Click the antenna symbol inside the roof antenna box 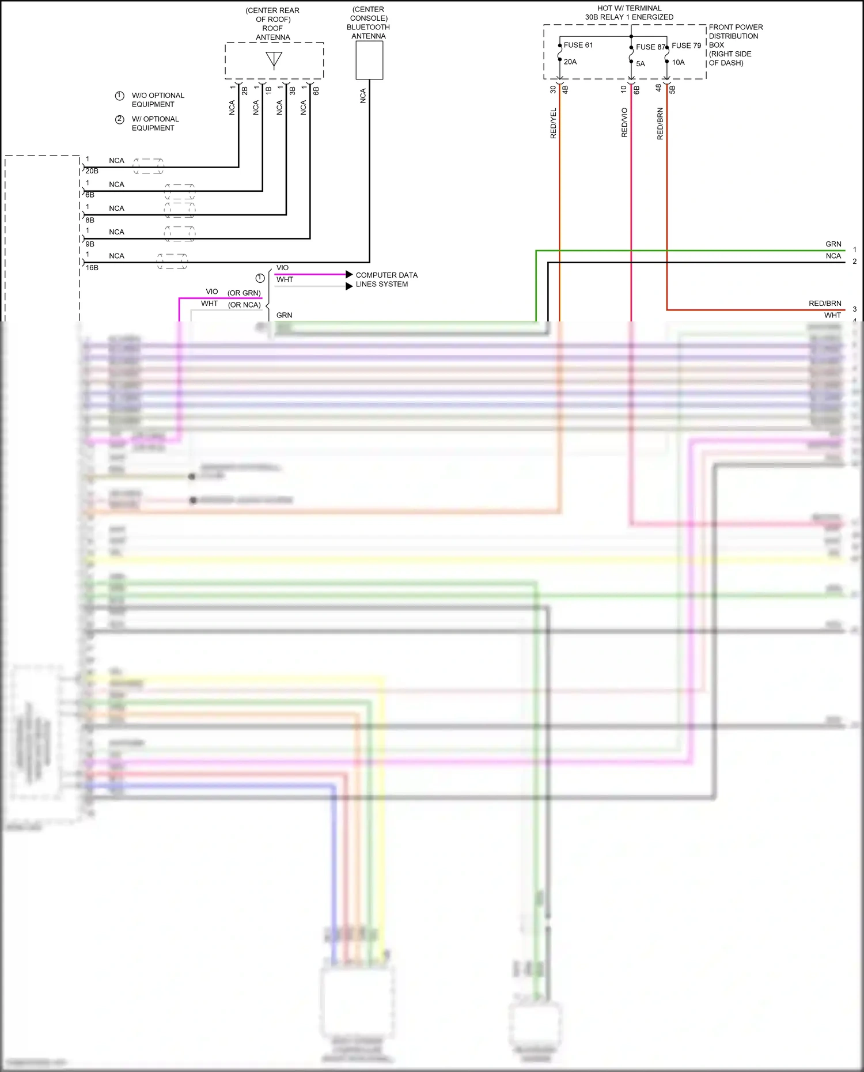(x=274, y=60)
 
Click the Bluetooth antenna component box (x=369, y=60)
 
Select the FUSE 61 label (x=578, y=45)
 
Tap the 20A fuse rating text (x=570, y=62)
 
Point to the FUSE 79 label (x=686, y=46)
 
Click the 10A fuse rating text (x=679, y=62)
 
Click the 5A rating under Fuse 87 (x=641, y=64)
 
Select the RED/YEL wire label (x=554, y=123)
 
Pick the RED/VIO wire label (x=624, y=122)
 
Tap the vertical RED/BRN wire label (x=660, y=123)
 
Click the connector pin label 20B (x=92, y=171)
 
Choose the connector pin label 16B (x=92, y=268)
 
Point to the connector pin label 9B (x=90, y=244)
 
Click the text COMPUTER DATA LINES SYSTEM (x=386, y=279)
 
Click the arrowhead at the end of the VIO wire (x=349, y=274)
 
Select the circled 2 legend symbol (x=120, y=119)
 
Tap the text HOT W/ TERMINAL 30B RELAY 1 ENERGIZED (x=629, y=13)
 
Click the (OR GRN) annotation (x=244, y=293)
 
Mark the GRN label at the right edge (x=833, y=244)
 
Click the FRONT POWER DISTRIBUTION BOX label (x=736, y=45)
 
